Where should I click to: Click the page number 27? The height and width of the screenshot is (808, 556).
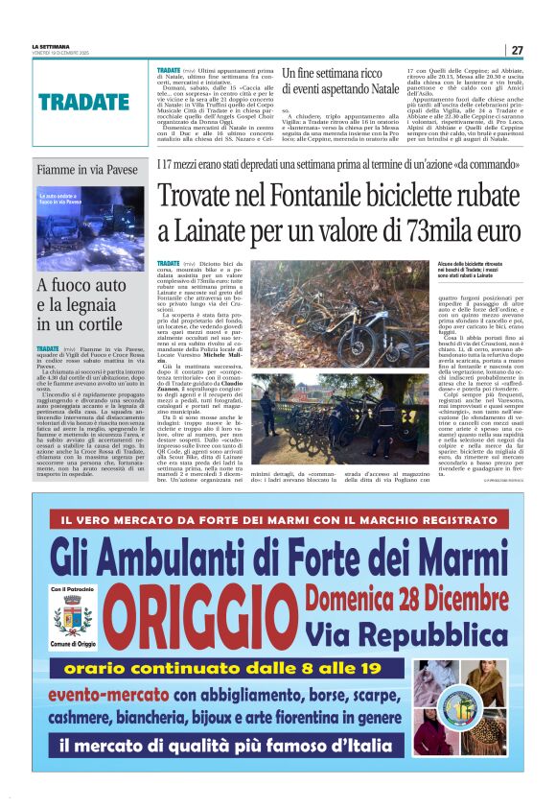click(x=517, y=50)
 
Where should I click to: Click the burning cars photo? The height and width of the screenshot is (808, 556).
click(x=90, y=226)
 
